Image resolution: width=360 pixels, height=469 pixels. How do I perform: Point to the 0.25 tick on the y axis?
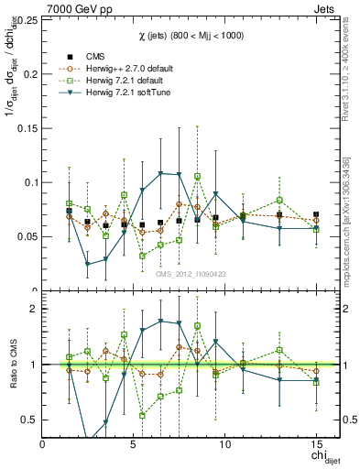tap(26, 19)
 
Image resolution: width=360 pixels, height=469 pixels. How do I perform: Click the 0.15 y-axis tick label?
tap(26, 128)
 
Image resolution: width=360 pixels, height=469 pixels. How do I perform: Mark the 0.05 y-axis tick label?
tap(26, 236)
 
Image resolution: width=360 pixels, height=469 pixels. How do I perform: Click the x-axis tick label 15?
tap(316, 445)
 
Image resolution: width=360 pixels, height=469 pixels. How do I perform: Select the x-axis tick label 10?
tap(224, 445)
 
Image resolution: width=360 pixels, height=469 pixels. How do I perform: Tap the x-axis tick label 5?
tap(134, 445)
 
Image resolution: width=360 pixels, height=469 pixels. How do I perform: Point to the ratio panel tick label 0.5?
tap(28, 420)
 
